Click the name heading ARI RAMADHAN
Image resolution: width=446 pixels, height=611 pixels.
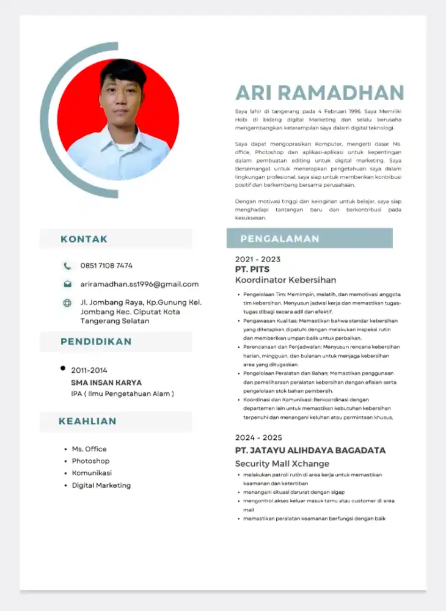[320, 93]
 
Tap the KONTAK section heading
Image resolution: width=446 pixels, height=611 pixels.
[84, 239]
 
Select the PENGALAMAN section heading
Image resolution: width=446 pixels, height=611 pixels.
[279, 238]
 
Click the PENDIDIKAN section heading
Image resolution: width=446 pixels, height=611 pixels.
[96, 342]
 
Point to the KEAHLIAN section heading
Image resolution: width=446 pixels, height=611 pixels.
[87, 421]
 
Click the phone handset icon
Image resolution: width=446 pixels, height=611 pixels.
[67, 266]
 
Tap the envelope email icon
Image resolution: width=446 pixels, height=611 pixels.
[67, 284]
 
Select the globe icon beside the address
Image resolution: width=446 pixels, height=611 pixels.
[67, 302]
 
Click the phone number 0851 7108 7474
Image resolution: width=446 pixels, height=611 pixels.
[106, 266]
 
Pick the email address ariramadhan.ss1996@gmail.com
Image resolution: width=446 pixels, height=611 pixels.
[139, 284]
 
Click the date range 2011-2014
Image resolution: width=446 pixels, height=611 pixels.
[89, 370]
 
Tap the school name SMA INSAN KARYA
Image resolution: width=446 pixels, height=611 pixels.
[106, 382]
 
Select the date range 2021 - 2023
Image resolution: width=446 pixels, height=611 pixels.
[258, 259]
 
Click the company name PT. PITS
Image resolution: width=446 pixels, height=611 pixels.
[252, 269]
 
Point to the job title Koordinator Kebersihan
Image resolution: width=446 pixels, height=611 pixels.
[285, 280]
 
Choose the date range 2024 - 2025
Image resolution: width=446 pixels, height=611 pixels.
[258, 437]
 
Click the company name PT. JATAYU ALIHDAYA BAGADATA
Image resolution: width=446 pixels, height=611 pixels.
[310, 450]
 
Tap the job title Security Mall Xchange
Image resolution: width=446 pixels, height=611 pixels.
[282, 464]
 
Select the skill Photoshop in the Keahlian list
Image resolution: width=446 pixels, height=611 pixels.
[90, 461]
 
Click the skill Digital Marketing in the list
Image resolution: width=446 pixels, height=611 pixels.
[101, 485]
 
